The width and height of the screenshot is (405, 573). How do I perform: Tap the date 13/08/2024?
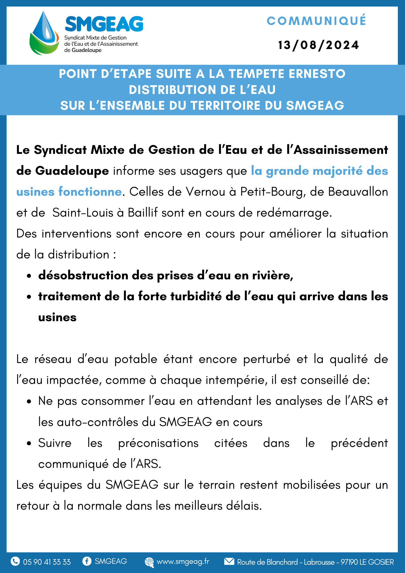pos(318,45)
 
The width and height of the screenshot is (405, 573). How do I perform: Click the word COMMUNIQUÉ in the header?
pos(316,21)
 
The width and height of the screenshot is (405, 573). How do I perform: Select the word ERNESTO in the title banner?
pos(317,74)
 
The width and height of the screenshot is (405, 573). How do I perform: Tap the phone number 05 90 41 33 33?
pos(47,562)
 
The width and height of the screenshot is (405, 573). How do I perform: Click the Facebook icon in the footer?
pos(86,561)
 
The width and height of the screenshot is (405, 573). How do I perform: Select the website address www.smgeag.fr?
pos(183,562)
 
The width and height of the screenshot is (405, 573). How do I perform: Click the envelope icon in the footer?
pos(229,561)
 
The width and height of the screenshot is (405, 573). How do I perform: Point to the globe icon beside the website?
pos(149,562)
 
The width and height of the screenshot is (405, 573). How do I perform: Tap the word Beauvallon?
pos(358,192)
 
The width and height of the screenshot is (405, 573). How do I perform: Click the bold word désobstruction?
pos(83,275)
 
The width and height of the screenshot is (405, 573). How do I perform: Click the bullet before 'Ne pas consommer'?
pos(29,402)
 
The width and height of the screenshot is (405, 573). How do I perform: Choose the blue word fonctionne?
pos(90,192)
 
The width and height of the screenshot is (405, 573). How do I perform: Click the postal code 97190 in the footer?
pos(349,562)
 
